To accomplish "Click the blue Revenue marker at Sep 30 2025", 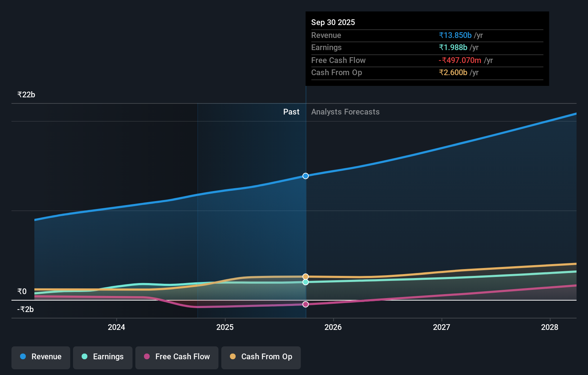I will pyautogui.click(x=305, y=176).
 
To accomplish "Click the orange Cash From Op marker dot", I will pyautogui.click(x=305, y=277).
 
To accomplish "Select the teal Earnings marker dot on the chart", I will pyautogui.click(x=305, y=282).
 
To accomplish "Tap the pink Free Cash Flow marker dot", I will pyautogui.click(x=305, y=304).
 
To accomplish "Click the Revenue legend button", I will pyautogui.click(x=41, y=357).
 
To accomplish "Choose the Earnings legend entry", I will pyautogui.click(x=103, y=357).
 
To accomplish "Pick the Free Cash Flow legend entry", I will pyautogui.click(x=177, y=357).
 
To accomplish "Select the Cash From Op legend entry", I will pyautogui.click(x=261, y=357).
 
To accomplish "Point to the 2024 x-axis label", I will pyautogui.click(x=116, y=327).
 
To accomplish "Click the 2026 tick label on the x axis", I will pyautogui.click(x=333, y=327).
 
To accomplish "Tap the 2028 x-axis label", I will pyautogui.click(x=550, y=327).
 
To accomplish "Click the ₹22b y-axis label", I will pyautogui.click(x=26, y=95).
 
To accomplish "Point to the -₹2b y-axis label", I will pyautogui.click(x=25, y=309).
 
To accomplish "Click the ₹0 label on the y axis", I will pyautogui.click(x=22, y=291).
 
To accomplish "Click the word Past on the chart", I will pyautogui.click(x=291, y=112).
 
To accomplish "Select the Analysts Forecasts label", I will pyautogui.click(x=345, y=112).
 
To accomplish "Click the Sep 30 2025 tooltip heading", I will pyautogui.click(x=333, y=22).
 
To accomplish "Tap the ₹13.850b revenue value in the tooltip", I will pyautogui.click(x=455, y=35).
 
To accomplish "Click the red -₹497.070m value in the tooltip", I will pyautogui.click(x=460, y=60).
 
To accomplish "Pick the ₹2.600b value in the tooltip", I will pyautogui.click(x=453, y=72).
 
